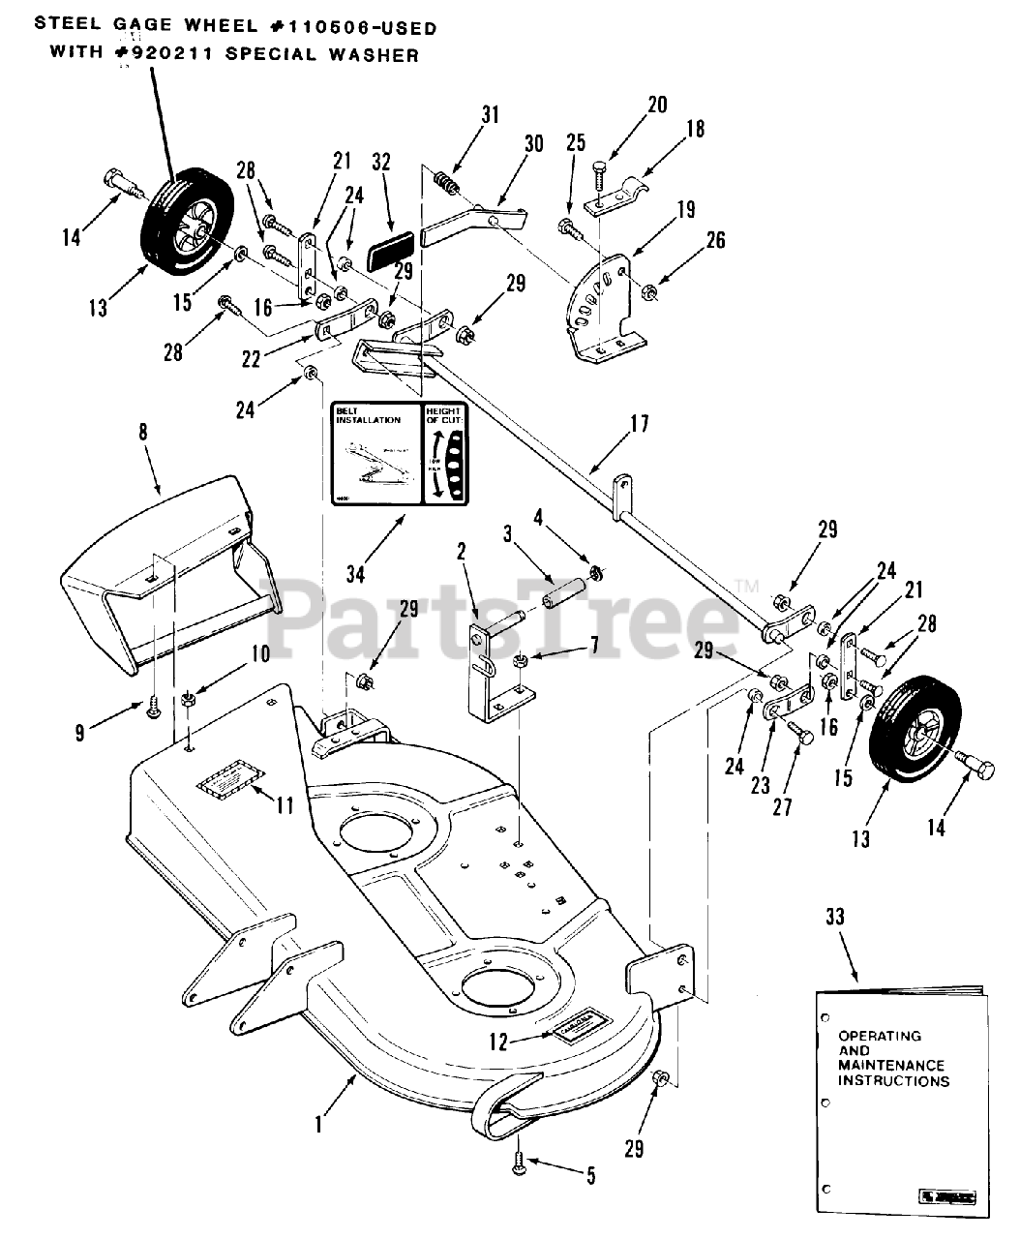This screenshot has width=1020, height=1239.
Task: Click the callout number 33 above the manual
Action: coord(835,917)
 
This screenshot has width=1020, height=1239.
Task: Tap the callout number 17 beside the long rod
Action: coord(640,423)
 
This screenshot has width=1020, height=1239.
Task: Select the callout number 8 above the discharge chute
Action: coord(143,433)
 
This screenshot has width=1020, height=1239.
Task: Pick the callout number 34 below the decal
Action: coord(356,574)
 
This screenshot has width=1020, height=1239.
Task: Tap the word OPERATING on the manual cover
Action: coord(880,1036)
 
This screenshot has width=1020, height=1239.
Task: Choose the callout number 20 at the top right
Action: coord(657,105)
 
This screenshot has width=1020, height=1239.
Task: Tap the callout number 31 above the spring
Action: coord(491,114)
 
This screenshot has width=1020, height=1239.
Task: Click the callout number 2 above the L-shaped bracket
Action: coord(462,551)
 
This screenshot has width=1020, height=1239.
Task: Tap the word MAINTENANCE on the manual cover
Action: coord(891,1065)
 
